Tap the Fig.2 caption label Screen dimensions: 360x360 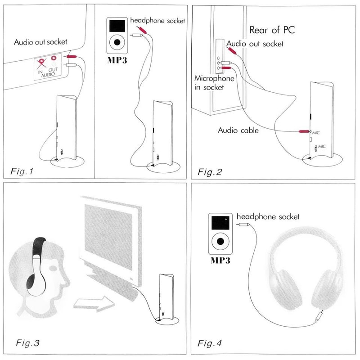[211, 171]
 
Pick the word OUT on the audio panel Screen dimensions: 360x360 [57, 69]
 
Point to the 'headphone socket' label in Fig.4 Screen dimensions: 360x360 [268, 216]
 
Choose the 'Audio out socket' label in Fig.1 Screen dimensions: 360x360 [40, 42]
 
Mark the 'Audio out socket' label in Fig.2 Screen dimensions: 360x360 [255, 44]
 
